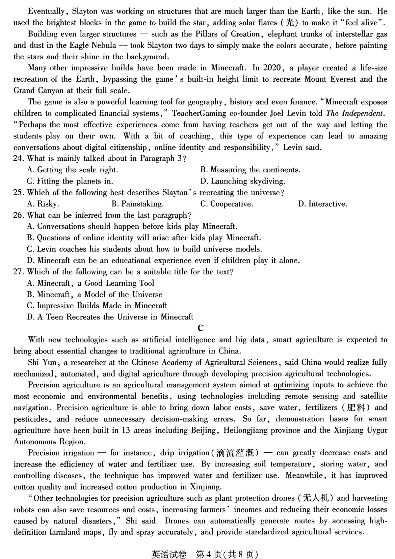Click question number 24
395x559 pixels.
[18, 158]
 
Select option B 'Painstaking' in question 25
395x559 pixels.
[137, 204]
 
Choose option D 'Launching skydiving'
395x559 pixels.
[243, 181]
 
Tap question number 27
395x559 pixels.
[18, 272]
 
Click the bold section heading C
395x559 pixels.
[201, 328]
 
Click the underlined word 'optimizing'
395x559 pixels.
[291, 385]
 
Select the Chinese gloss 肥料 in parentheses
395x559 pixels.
[356, 407]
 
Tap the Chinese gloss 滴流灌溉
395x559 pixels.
[235, 453]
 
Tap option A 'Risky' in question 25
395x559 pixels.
[43, 204]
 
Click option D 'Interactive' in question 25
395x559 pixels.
[323, 204]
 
